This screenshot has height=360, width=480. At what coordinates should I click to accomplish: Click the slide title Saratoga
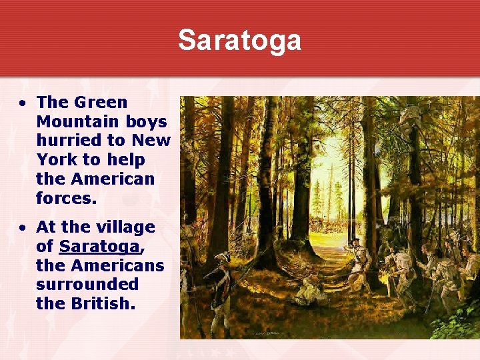pyautogui.click(x=239, y=40)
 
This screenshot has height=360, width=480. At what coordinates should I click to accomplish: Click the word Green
pyautogui.click(x=100, y=102)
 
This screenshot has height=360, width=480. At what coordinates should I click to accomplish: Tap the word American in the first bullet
pyautogui.click(x=112, y=179)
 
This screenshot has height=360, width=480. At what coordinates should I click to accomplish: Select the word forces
pyautogui.click(x=66, y=199)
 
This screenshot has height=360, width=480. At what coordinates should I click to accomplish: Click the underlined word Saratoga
pyautogui.click(x=99, y=246)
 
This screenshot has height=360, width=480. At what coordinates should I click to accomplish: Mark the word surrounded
pyautogui.click(x=87, y=285)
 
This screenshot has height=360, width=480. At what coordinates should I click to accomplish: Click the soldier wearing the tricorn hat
pyautogui.click(x=219, y=280)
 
